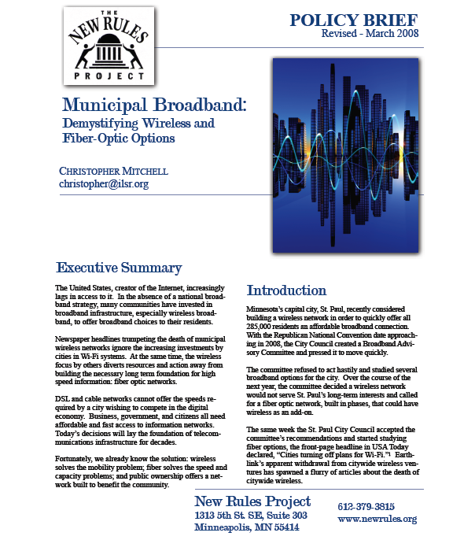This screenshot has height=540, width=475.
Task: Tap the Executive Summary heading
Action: pos(119,268)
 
